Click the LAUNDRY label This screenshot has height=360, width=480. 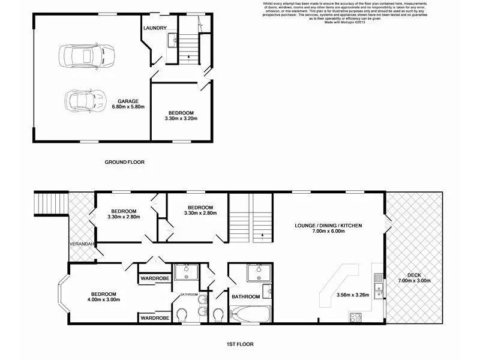[x=154, y=28]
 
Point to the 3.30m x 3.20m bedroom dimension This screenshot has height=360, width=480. [x=180, y=119]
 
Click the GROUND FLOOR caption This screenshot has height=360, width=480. [x=125, y=162]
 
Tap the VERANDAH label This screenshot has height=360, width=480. [x=80, y=245]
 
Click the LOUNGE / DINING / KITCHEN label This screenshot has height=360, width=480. [x=328, y=226]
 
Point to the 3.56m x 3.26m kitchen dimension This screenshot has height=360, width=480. [x=353, y=295]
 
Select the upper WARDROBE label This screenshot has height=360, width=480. [x=154, y=278]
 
